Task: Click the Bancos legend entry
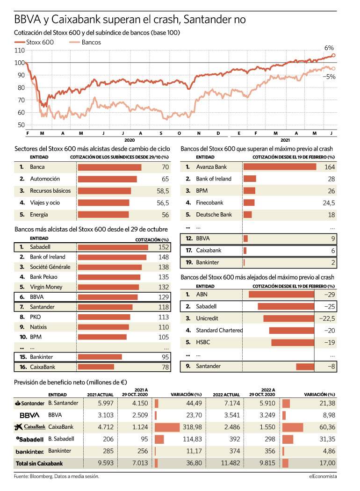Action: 85,42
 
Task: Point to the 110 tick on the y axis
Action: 20,51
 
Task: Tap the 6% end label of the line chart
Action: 329,48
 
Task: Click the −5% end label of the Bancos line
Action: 329,77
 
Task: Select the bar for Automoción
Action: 108,179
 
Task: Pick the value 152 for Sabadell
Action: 164,247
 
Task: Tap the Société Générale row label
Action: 50,267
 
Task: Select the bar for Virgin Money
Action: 108,287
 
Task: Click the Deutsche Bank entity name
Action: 214,215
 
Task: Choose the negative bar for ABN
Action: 281,294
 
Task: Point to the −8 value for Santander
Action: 331,366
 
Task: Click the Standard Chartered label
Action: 219,330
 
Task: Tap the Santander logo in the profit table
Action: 30,403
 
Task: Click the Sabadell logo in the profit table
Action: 30,440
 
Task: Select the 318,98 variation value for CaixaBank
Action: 192,427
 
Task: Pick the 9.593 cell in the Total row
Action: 106,463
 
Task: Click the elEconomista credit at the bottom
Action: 323,477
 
